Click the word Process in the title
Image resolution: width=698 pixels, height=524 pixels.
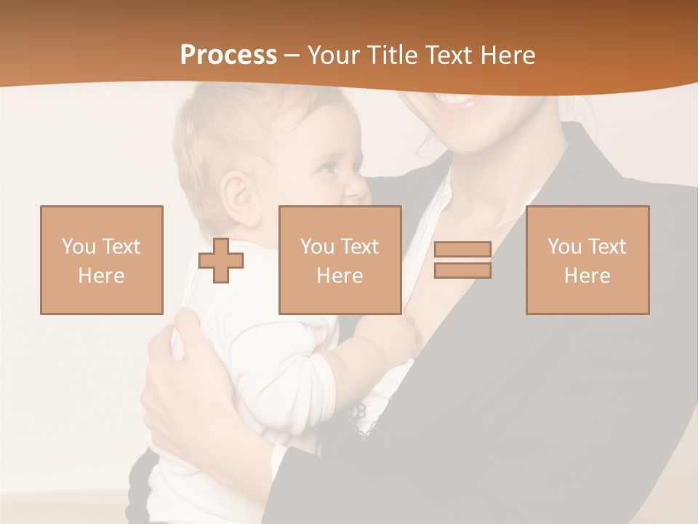pyautogui.click(x=228, y=55)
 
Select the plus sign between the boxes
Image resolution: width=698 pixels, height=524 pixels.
pyautogui.click(x=221, y=261)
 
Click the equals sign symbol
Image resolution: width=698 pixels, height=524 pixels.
pyautogui.click(x=462, y=260)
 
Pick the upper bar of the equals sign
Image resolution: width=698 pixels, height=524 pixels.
pyautogui.click(x=462, y=250)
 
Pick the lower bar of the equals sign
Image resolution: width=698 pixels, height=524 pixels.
pyautogui.click(x=462, y=270)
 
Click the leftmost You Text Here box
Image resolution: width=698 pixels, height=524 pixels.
pyautogui.click(x=102, y=260)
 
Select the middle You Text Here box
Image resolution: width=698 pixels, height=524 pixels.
pyautogui.click(x=340, y=260)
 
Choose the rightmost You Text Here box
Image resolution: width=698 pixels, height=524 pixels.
pyautogui.click(x=587, y=260)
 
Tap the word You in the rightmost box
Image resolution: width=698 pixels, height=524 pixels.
pyautogui.click(x=564, y=247)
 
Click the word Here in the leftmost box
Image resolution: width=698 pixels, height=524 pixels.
pyautogui.click(x=102, y=276)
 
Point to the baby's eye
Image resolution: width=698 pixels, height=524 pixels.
pyautogui.click(x=328, y=167)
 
